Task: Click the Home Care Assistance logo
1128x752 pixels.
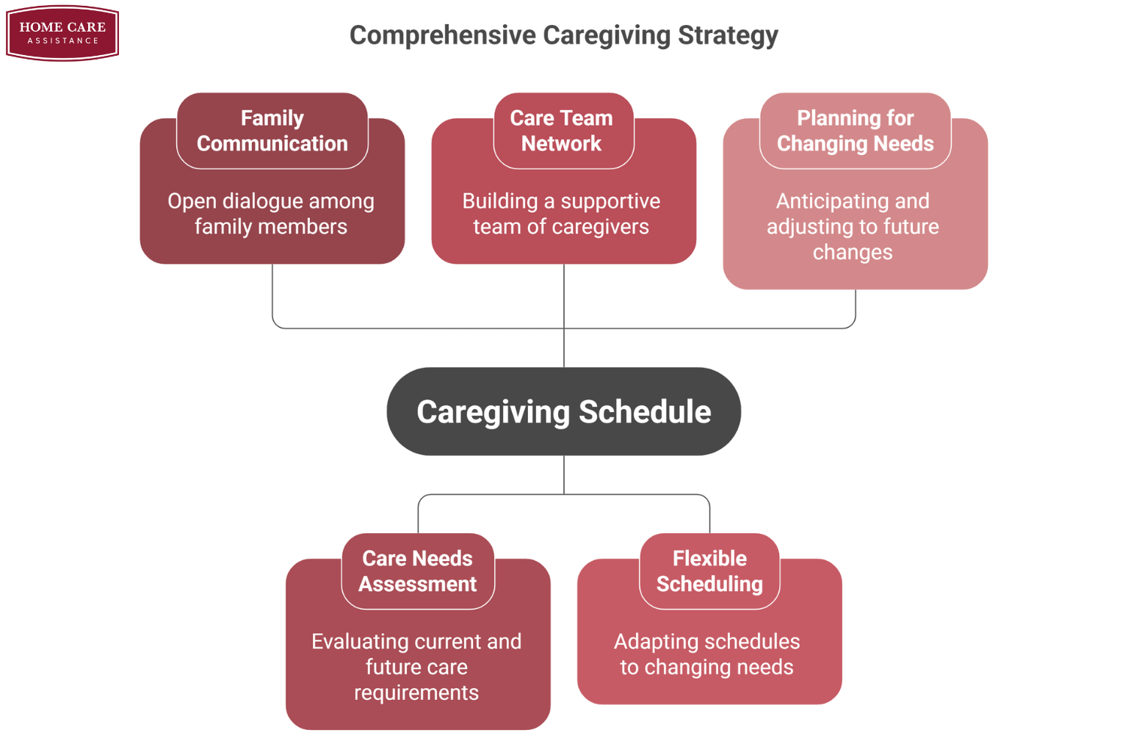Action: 62,33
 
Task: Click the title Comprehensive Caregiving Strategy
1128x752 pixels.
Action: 563,35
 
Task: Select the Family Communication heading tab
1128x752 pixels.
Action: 272,131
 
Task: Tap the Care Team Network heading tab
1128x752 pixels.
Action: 562,131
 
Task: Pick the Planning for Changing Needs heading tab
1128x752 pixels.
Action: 855,131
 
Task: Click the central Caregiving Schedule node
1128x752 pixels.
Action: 563,411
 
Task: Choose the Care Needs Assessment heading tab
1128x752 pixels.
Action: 417,571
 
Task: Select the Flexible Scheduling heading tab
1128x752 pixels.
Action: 709,571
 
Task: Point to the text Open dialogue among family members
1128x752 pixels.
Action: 271,214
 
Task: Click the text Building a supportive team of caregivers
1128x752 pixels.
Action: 562,214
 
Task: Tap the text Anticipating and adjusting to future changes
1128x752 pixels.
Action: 853,226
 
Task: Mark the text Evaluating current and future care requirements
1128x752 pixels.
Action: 416,667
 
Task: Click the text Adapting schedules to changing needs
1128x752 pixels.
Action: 706,654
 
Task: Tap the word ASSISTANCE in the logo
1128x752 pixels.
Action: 62,41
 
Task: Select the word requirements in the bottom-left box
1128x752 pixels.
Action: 416,693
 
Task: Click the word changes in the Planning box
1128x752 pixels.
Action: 853,252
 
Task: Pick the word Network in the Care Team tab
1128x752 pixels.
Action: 562,143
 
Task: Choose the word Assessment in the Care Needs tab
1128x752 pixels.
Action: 417,584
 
